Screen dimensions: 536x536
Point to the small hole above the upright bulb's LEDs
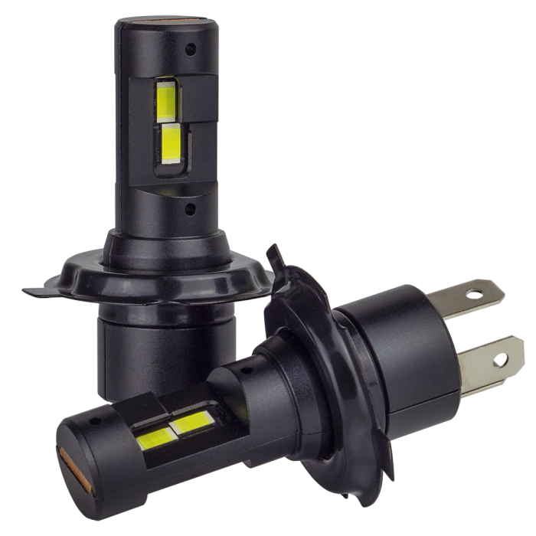tap(190, 47)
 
